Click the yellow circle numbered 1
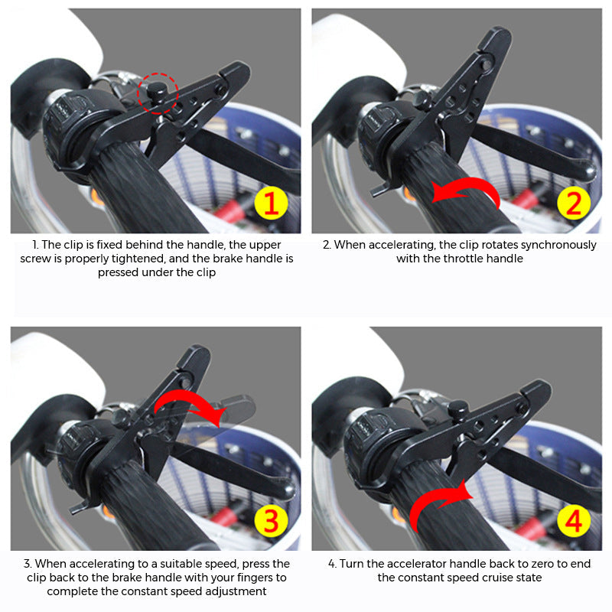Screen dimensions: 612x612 pos(270,203)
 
